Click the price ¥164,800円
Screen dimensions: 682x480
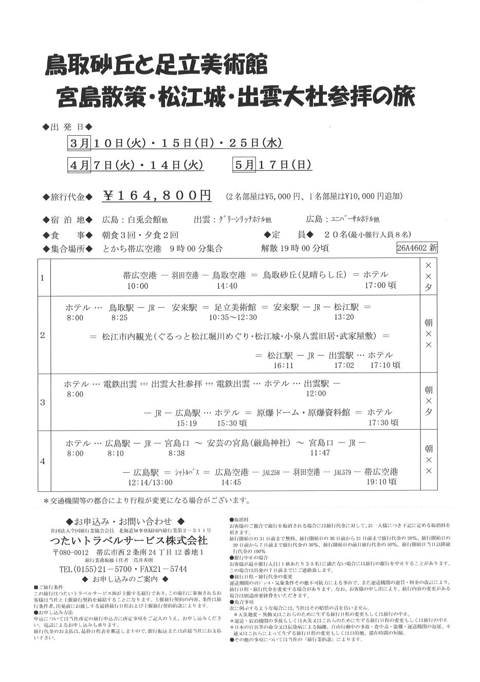click(x=157, y=196)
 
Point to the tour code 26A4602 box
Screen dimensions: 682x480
click(x=417, y=248)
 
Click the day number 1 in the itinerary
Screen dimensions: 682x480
click(x=43, y=278)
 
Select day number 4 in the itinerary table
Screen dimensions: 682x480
click(x=43, y=461)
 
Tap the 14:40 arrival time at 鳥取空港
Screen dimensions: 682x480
click(x=227, y=286)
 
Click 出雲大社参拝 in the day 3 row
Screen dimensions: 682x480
click(x=176, y=384)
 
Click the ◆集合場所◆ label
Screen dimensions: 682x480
click(x=68, y=248)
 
